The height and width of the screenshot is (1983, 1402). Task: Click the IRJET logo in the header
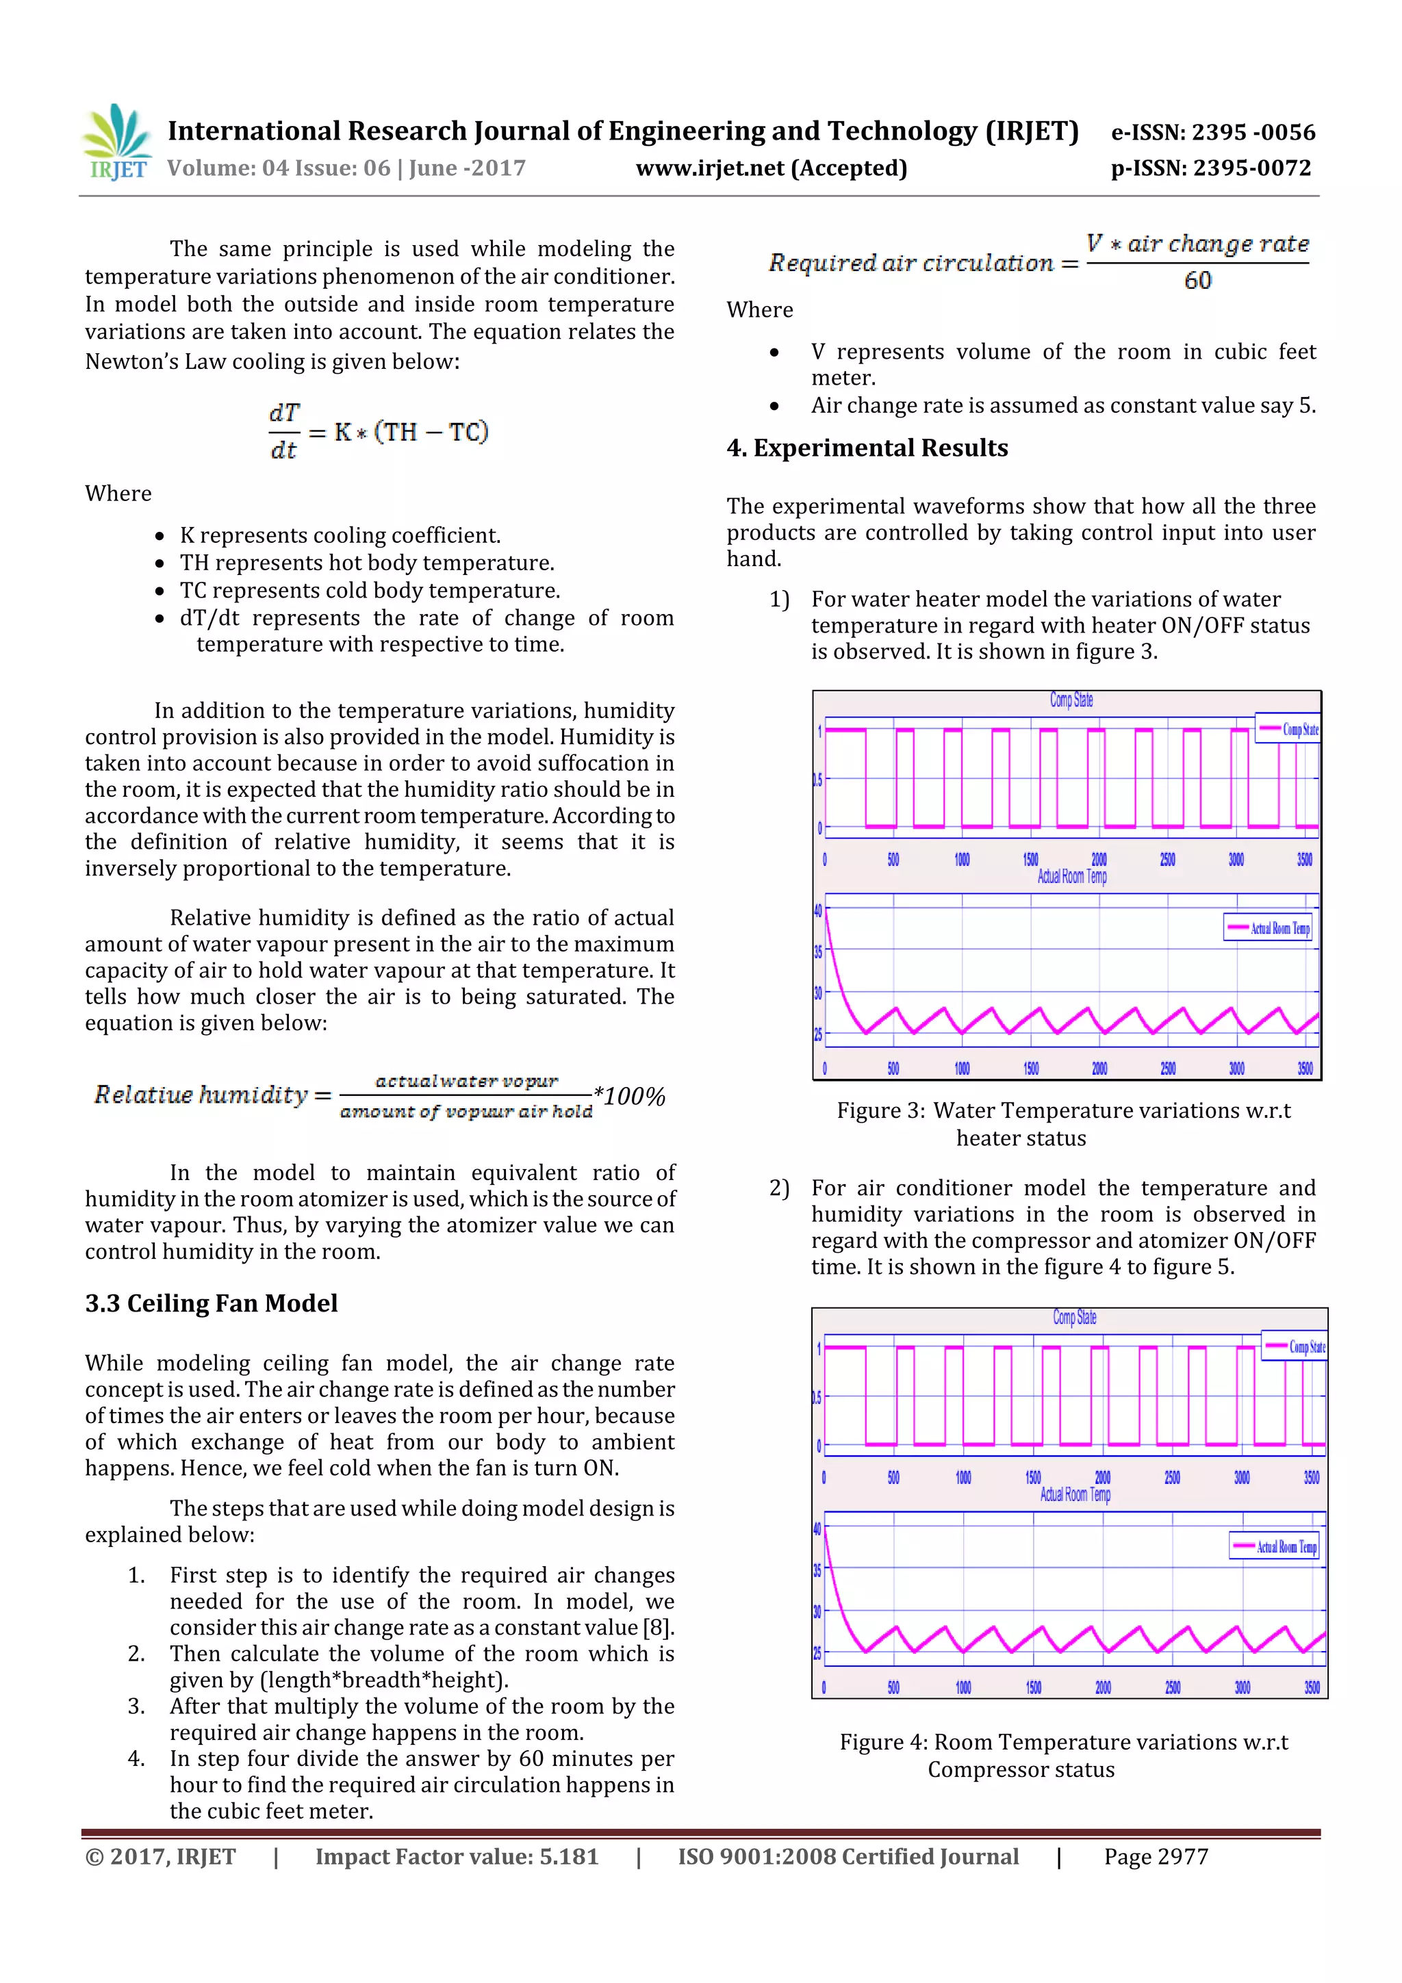tap(116, 143)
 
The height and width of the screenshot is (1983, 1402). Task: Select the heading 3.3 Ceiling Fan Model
tap(211, 1303)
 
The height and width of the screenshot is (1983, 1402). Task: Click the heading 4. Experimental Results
tap(867, 448)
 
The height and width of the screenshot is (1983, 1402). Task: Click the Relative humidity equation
tap(379, 1095)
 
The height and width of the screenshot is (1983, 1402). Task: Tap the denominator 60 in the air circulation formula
tap(1197, 281)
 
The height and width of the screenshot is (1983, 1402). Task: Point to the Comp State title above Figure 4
tap(1073, 1317)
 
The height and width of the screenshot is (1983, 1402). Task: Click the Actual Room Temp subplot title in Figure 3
tap(1071, 877)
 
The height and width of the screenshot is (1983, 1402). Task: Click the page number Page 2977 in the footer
tap(1155, 1857)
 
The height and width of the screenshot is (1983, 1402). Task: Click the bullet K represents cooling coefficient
tap(340, 535)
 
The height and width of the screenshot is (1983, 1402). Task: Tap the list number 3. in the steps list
tap(136, 1706)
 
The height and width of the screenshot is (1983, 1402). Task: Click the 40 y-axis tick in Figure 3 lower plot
tap(817, 910)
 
